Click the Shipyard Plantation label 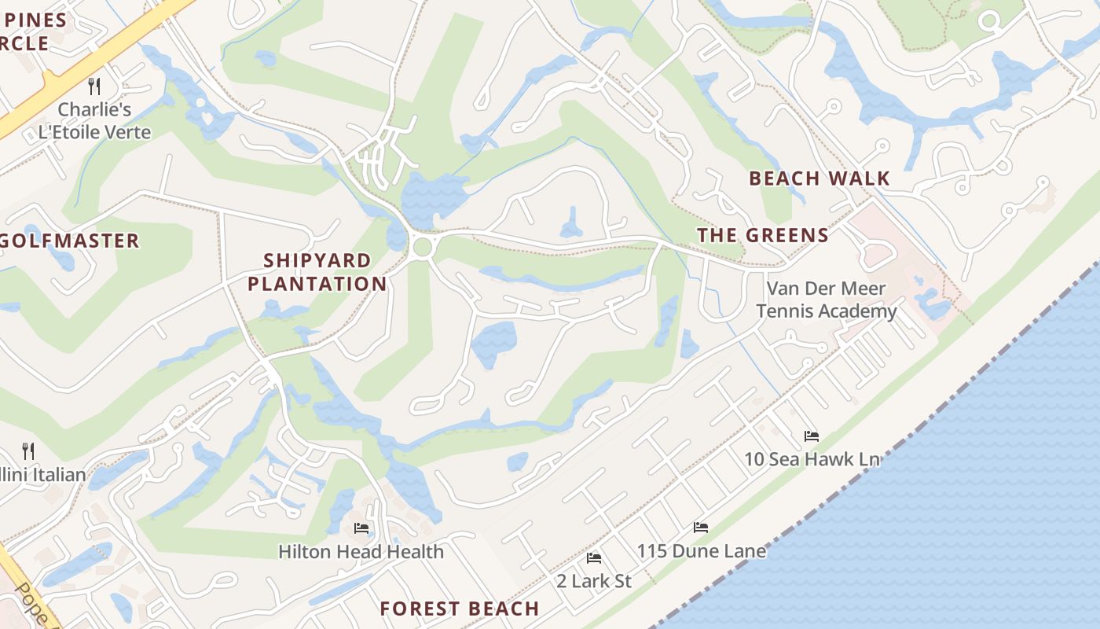coord(317,272)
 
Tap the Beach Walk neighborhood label coord(819,178)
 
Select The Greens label coord(762,235)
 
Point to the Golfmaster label coord(69,241)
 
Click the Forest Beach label coord(460,609)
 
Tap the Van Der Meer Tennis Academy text coord(826,300)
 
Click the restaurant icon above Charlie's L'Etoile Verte coord(94,86)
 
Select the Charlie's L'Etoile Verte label coord(94,120)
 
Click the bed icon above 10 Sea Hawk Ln coord(811,436)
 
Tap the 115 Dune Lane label coord(701,551)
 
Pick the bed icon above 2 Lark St coord(594,558)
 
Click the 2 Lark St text coord(594,582)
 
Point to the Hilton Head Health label coord(361,552)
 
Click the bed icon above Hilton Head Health coord(361,528)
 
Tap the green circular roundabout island coord(423,247)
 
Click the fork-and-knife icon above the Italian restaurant coord(28,451)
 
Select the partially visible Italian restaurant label coord(42,475)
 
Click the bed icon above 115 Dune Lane coord(701,528)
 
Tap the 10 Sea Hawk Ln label coord(811,459)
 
